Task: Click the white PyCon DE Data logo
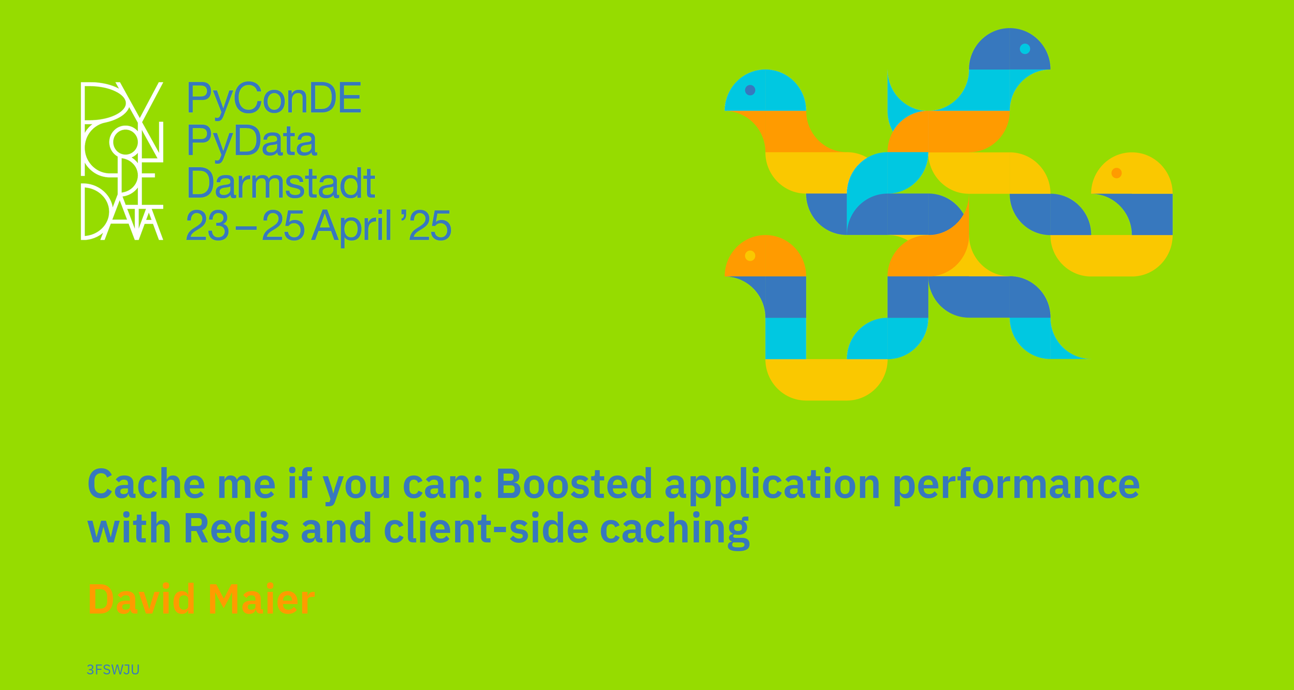point(122,161)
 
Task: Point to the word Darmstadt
point(281,183)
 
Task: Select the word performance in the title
point(1016,486)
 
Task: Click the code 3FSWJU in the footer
point(113,669)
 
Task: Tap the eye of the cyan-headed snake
point(750,90)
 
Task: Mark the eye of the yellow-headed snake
point(1117,173)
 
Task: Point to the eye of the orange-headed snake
point(750,256)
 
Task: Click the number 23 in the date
point(207,226)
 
